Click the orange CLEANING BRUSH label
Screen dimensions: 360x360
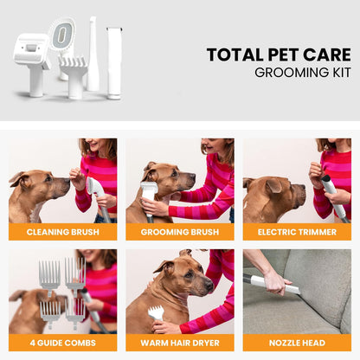(62, 232)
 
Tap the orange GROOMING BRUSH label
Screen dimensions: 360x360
(179, 232)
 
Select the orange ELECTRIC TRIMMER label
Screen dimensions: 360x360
(296, 232)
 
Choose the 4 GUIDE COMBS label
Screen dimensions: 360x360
(62, 343)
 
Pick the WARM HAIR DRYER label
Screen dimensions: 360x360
(179, 343)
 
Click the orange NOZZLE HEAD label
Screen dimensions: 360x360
(296, 343)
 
